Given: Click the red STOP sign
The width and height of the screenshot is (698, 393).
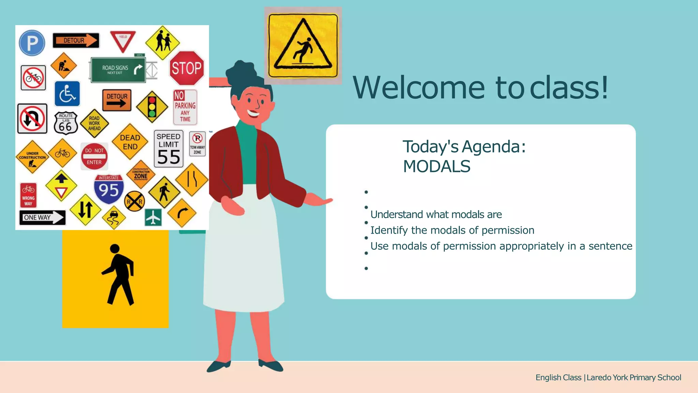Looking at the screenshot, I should tap(186, 68).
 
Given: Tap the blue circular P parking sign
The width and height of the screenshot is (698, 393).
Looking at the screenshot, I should tap(32, 43).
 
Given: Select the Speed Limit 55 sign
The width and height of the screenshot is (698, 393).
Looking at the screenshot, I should tap(168, 149).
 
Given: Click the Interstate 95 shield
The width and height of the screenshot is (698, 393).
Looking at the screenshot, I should tap(109, 189).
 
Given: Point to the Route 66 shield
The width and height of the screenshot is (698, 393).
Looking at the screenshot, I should tap(65, 123).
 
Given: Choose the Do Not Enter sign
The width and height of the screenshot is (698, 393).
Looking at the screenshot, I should tap(94, 156).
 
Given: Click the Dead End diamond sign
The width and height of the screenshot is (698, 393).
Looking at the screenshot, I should tap(130, 142).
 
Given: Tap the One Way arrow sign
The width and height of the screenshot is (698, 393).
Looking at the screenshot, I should tap(42, 217).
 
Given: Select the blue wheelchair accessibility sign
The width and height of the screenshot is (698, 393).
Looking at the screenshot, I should tap(67, 94).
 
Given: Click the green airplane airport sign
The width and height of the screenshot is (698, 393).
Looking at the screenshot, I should tap(153, 217).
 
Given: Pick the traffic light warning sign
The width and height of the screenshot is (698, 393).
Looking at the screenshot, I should tap(152, 107).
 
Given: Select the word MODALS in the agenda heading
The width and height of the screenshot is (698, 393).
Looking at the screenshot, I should tap(437, 166).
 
